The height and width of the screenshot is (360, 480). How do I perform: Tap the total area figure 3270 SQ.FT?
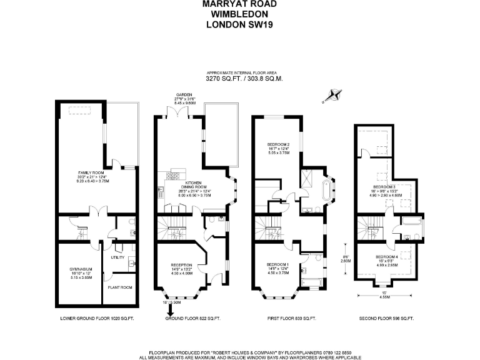tap(223, 79)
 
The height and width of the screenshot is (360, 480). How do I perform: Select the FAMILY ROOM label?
tap(89, 172)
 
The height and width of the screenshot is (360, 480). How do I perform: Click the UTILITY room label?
tap(117, 257)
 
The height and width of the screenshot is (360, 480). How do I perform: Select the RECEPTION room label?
tap(181, 265)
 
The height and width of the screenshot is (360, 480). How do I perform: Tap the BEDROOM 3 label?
tap(384, 187)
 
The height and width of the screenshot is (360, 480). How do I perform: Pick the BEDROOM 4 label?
tap(386, 257)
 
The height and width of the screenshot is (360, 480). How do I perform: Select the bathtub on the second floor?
tap(410, 222)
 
